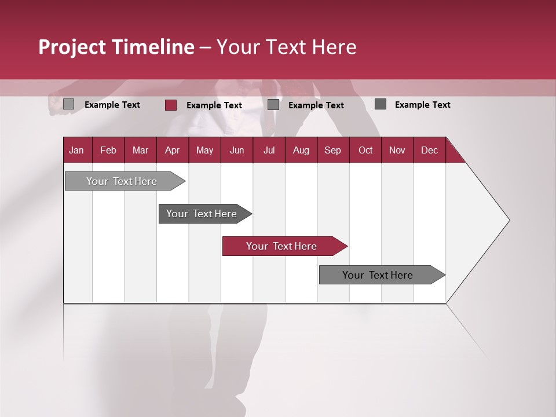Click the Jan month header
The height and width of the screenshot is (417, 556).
(76, 150)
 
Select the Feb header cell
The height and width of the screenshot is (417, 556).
(108, 150)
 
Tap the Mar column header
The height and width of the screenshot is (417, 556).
(140, 150)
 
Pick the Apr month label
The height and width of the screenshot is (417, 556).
(172, 150)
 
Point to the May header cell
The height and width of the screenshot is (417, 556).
(204, 150)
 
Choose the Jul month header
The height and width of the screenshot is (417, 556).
(269, 150)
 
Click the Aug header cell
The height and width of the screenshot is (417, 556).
(301, 150)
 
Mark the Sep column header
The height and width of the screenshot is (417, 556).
(332, 150)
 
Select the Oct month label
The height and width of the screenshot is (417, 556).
(365, 150)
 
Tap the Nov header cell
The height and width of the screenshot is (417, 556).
(397, 150)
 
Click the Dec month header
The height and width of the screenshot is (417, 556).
(429, 150)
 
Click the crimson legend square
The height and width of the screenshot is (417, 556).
(170, 105)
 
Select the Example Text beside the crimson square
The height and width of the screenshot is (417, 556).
(214, 105)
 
